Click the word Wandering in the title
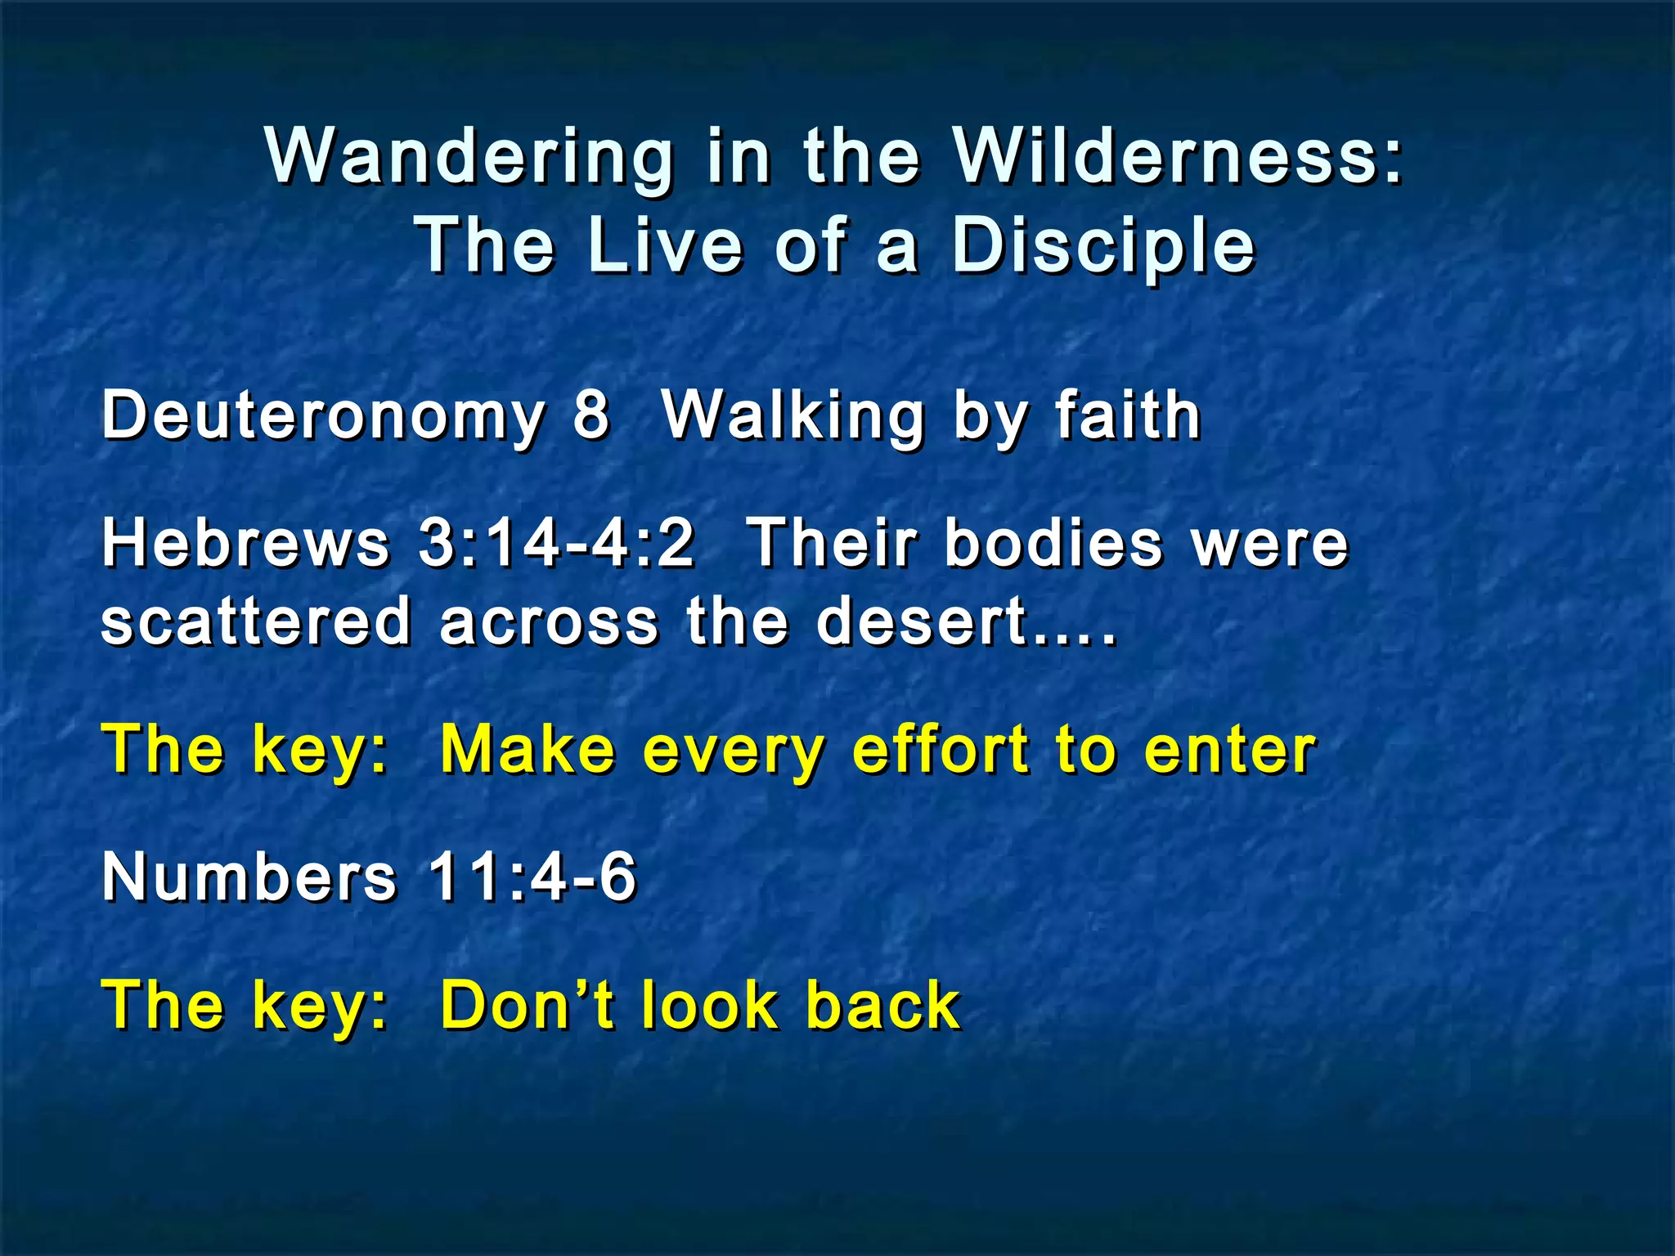469,157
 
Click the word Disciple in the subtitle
1102,247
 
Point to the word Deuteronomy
323,415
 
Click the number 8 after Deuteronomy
591,415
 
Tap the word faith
1127,415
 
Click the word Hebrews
245,544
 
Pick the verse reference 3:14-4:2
556,544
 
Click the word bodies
1053,544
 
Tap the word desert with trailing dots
965,621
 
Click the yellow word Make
528,750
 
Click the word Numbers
249,877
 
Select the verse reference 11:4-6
532,877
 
